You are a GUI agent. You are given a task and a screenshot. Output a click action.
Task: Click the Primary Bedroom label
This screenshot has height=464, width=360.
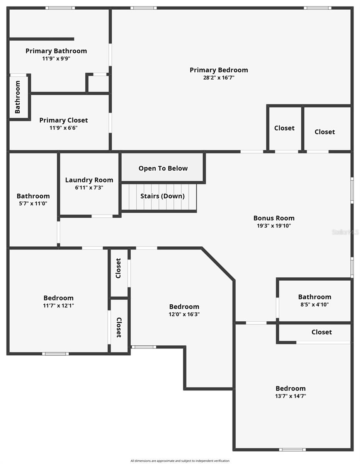[219, 70]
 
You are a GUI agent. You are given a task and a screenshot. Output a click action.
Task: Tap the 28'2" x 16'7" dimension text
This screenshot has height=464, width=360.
[219, 77]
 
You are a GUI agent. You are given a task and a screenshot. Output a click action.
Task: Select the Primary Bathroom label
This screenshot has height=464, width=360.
[56, 51]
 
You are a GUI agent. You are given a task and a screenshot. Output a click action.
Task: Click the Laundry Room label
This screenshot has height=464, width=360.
[89, 180]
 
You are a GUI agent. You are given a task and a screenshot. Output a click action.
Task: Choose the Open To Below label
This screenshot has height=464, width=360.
[163, 168]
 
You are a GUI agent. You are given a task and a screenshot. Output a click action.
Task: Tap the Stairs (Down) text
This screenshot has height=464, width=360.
[163, 196]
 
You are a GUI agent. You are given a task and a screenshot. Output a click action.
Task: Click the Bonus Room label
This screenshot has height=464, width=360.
[274, 218]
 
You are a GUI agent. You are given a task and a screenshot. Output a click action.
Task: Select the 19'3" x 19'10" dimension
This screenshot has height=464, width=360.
[274, 225]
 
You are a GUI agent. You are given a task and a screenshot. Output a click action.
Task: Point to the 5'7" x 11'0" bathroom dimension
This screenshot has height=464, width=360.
[33, 203]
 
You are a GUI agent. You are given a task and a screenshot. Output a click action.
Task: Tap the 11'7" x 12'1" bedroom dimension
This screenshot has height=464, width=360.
[58, 305]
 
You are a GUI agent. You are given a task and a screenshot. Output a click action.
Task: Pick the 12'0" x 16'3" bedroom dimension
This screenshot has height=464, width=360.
[184, 314]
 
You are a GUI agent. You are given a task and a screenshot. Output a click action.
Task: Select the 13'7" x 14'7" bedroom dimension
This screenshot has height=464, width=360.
[290, 396]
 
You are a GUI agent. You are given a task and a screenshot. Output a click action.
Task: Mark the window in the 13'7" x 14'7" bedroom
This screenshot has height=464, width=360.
[292, 449]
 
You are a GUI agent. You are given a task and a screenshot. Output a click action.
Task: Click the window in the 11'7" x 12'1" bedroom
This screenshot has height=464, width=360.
[55, 353]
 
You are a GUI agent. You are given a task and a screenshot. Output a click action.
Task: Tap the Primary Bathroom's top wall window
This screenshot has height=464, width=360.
[60, 8]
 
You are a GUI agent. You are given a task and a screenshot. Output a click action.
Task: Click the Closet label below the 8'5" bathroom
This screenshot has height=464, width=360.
[321, 332]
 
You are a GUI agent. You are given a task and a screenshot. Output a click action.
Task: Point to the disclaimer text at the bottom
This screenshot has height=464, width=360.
[180, 461]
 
